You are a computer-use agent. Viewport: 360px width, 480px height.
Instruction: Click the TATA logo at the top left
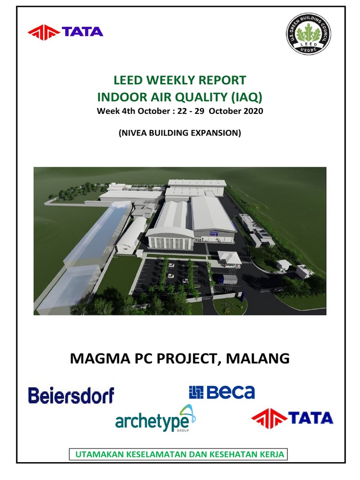click(x=65, y=32)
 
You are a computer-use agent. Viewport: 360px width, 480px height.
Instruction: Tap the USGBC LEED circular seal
click(x=308, y=37)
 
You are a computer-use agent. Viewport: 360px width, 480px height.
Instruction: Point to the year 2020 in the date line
click(x=254, y=111)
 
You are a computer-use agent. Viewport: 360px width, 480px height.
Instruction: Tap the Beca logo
click(x=222, y=392)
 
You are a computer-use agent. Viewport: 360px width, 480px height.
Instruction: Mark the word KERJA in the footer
click(x=272, y=454)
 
